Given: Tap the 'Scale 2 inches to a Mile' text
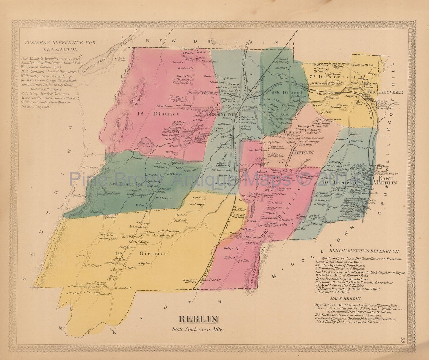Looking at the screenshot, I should coord(199,329).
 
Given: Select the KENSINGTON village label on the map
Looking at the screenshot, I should coord(222,115).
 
